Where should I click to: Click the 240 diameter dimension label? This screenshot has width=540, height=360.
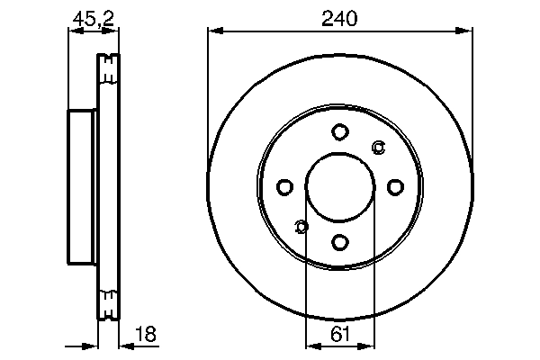point(339,17)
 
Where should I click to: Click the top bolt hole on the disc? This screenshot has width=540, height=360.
point(339,132)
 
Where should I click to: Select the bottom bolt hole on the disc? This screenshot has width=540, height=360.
point(339,241)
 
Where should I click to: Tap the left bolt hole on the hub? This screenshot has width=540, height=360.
point(284,187)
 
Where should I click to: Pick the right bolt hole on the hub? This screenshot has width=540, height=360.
point(394,187)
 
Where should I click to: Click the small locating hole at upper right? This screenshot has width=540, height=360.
point(378,148)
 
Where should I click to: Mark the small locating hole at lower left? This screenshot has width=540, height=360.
point(301,226)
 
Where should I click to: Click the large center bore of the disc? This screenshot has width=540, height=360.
point(339,187)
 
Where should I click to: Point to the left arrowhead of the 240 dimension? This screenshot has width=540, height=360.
point(213,32)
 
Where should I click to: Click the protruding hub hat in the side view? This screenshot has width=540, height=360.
point(82,187)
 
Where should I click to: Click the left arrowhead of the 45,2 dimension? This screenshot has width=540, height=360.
point(73,32)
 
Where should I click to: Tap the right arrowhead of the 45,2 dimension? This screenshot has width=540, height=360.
point(114,32)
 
